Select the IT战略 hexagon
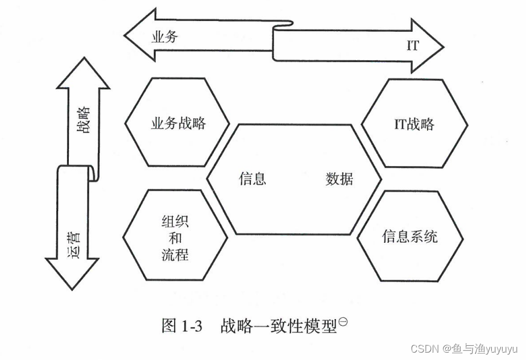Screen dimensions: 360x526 (414, 123)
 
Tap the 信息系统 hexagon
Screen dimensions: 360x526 (409, 236)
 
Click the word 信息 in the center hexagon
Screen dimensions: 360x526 (252, 179)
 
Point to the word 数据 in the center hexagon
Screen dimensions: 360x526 (339, 179)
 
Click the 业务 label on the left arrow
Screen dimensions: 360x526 (164, 38)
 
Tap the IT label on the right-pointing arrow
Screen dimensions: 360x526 (413, 46)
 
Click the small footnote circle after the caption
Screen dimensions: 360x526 (343, 322)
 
